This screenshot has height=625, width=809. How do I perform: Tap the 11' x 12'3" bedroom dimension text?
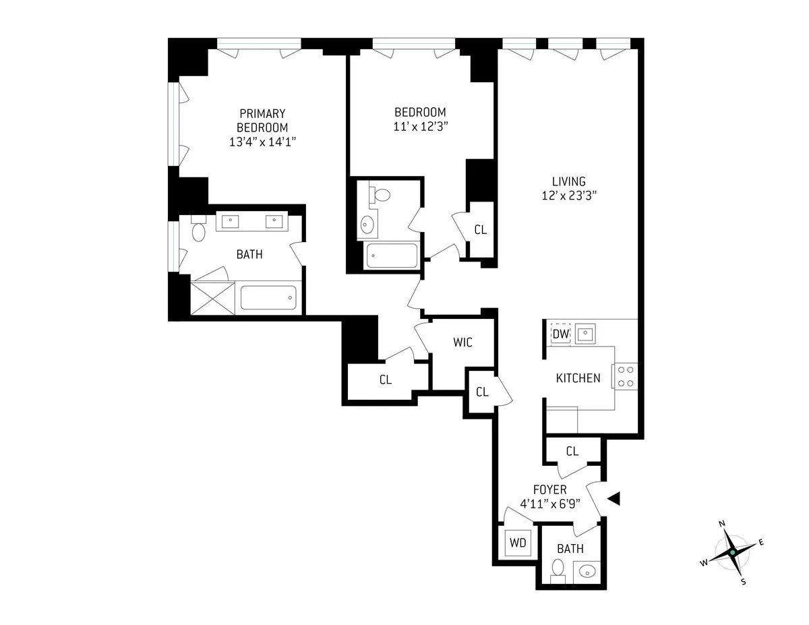pos(420,127)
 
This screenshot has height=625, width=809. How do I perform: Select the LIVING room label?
pos(568,181)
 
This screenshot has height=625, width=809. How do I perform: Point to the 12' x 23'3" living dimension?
pos(568,196)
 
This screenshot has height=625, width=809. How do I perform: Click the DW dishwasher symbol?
pos(561,333)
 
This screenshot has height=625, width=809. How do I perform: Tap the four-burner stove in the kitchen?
pos(624,376)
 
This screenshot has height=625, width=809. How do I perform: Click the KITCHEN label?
pos(578,378)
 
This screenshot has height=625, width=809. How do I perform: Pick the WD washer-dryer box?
pos(518,542)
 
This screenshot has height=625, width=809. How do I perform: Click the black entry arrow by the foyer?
pos(613,498)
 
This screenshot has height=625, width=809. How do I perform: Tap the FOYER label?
pos(549,489)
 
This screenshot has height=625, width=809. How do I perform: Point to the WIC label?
pos(462,343)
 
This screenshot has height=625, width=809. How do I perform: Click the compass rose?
pos(732,553)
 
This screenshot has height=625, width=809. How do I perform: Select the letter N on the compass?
pos(721,524)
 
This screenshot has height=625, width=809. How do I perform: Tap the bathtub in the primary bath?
pos(268,297)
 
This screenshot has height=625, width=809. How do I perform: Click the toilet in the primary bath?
pos(198,231)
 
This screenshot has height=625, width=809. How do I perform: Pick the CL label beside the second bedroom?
pos(480,230)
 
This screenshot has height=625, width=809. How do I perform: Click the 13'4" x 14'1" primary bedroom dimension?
pos(262,142)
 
